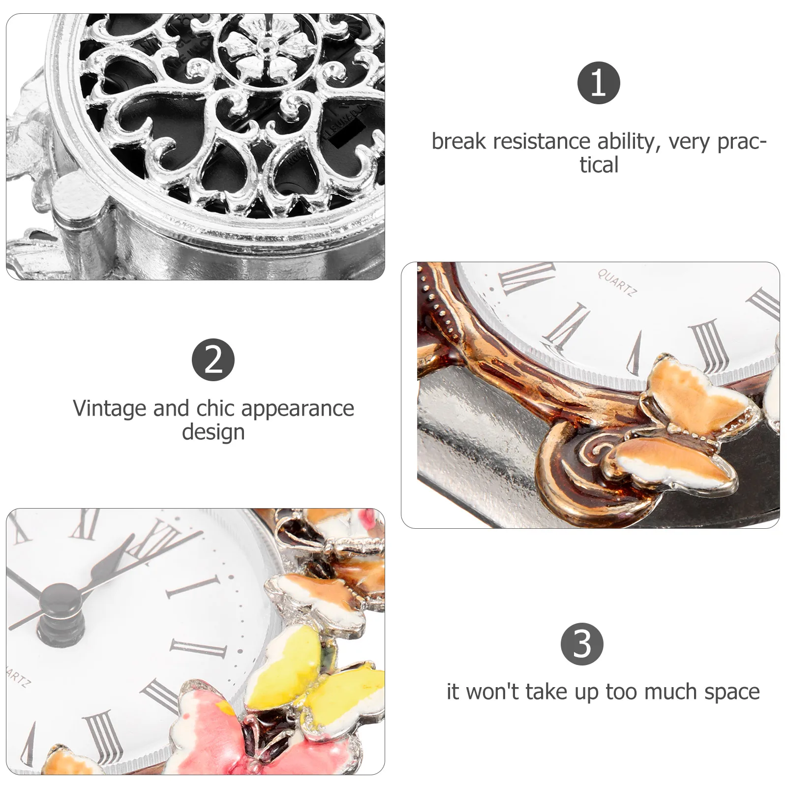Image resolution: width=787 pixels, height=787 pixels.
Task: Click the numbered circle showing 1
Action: [598, 83]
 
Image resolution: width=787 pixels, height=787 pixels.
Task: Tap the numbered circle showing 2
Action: [213, 360]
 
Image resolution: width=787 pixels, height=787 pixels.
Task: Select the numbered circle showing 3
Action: [582, 644]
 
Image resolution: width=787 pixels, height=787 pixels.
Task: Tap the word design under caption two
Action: [213, 432]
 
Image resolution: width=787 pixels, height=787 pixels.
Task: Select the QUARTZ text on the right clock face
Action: [617, 283]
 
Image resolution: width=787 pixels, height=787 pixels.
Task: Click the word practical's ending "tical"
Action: [598, 165]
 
